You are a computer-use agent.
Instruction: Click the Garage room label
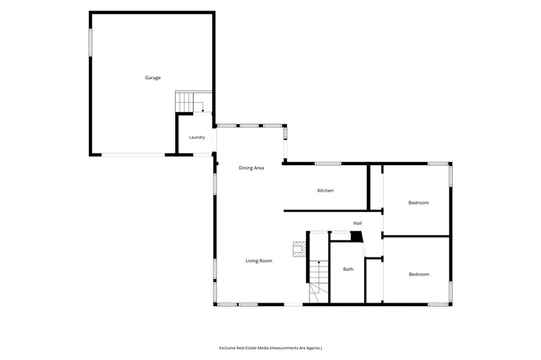pyautogui.click(x=153, y=78)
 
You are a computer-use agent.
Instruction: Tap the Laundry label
pyautogui.click(x=197, y=137)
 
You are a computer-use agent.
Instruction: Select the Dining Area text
pyautogui.click(x=251, y=168)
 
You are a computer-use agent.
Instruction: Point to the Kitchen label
pyautogui.click(x=325, y=191)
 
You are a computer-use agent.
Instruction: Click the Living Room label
pyautogui.click(x=259, y=261)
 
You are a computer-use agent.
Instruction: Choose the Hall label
pyautogui.click(x=358, y=223)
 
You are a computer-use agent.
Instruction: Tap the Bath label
pyautogui.click(x=348, y=269)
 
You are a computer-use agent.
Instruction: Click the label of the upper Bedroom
pyautogui.click(x=418, y=203)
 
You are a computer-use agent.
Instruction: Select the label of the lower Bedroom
pyautogui.click(x=419, y=274)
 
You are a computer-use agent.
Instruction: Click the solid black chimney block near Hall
pyautogui.click(x=357, y=236)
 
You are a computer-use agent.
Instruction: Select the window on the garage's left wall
pyautogui.click(x=90, y=42)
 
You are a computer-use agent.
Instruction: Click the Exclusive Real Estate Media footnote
pyautogui.click(x=270, y=348)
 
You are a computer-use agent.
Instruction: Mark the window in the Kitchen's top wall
pyautogui.click(x=328, y=164)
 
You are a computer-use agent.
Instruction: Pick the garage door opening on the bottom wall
pyautogui.click(x=133, y=155)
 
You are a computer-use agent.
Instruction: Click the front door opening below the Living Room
pyautogui.click(x=293, y=305)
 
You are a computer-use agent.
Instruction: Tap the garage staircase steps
pyautogui.click(x=184, y=102)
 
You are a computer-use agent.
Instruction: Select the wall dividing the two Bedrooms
pyautogui.click(x=416, y=236)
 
